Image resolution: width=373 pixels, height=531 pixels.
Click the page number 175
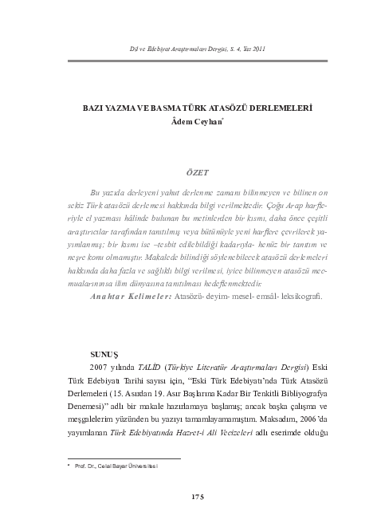[x=199, y=497]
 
